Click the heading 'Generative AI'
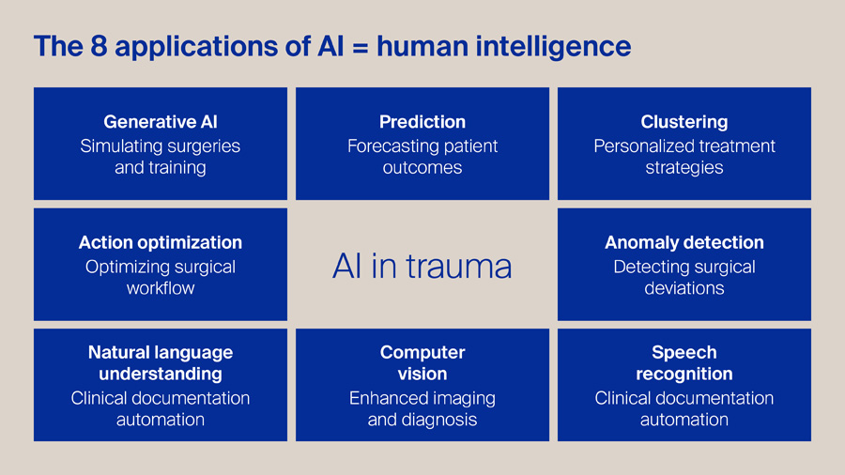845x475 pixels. pyautogui.click(x=161, y=122)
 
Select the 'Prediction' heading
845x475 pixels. pyautogui.click(x=422, y=122)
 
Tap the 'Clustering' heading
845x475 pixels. pyautogui.click(x=684, y=122)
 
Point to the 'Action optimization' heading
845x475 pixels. pyautogui.click(x=161, y=242)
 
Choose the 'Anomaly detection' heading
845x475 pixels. pyautogui.click(x=684, y=242)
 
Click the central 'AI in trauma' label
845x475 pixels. pyautogui.click(x=422, y=267)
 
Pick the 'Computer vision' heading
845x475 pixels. pyautogui.click(x=422, y=363)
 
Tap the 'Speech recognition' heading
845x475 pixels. pyautogui.click(x=684, y=363)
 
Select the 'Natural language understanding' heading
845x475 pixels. pyautogui.click(x=161, y=363)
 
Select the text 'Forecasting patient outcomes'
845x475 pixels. pyautogui.click(x=422, y=157)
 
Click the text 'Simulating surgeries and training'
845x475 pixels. pyautogui.click(x=161, y=157)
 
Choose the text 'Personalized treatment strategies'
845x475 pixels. pyautogui.click(x=684, y=157)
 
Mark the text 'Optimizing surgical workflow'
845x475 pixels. pyautogui.click(x=161, y=277)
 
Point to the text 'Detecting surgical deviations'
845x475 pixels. pyautogui.click(x=684, y=277)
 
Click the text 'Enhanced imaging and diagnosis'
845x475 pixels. pyautogui.click(x=422, y=408)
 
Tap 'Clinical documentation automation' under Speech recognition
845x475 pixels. pyautogui.click(x=684, y=408)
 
